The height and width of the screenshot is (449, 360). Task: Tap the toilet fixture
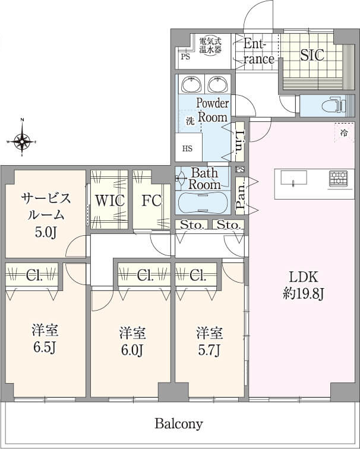click(333, 106)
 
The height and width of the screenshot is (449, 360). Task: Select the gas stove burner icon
click(338, 178)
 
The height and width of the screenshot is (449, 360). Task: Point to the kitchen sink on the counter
click(293, 179)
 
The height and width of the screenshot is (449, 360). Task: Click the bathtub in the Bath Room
click(203, 202)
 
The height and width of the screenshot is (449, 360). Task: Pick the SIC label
click(312, 55)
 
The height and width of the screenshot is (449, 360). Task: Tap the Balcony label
click(179, 423)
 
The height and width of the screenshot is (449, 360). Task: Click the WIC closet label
click(110, 201)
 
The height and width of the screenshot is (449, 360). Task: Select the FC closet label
click(151, 201)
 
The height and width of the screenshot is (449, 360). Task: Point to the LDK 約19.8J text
click(304, 285)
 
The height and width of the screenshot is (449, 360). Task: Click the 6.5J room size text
click(45, 347)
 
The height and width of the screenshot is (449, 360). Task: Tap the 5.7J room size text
click(209, 350)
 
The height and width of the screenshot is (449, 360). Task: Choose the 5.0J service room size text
click(45, 233)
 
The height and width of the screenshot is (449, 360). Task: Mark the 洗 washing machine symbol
click(190, 121)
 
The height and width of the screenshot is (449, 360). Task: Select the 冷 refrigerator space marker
click(344, 132)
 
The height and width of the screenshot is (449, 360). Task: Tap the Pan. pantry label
click(241, 196)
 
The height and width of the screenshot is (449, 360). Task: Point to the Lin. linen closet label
click(240, 142)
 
